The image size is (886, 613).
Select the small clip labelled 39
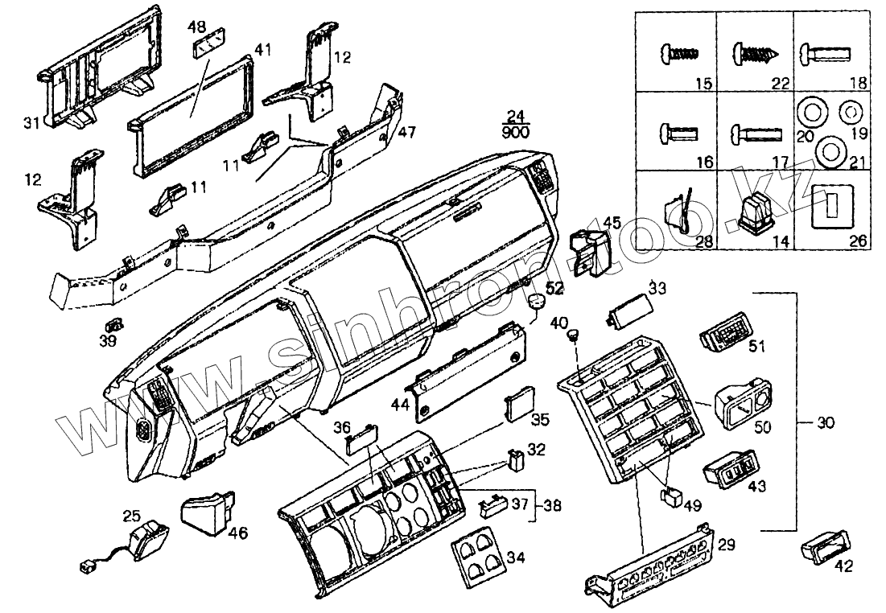115,324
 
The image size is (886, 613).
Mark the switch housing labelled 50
744,402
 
